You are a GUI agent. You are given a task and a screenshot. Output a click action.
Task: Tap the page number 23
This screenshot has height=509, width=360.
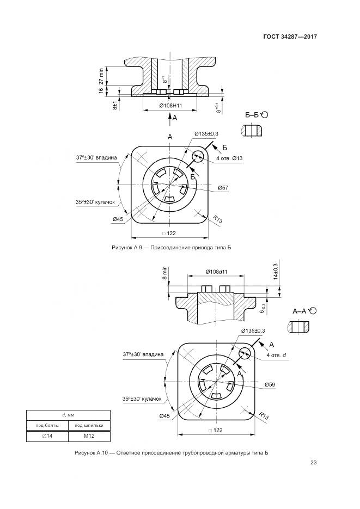313,463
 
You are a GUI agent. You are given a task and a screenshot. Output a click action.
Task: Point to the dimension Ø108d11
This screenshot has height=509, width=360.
216,271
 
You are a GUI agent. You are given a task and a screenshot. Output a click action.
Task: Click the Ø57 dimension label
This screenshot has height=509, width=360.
223,188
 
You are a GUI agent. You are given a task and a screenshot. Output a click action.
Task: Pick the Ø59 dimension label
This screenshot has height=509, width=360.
270,385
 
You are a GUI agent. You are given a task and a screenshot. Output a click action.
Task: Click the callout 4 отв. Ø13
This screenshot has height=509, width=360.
229,158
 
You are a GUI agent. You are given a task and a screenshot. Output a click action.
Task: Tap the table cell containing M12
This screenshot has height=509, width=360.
89,436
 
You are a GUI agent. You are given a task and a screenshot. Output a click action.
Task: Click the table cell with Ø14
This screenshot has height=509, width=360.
47,436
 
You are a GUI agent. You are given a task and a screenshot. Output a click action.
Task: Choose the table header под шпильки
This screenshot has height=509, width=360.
89,425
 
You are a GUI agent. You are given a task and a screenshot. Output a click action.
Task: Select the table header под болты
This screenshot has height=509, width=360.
47,425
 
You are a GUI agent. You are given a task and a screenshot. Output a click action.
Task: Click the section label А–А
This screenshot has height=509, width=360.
301,311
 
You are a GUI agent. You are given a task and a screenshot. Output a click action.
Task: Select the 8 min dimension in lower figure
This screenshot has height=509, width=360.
164,273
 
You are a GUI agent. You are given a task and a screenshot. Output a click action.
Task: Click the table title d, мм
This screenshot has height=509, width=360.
68,415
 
